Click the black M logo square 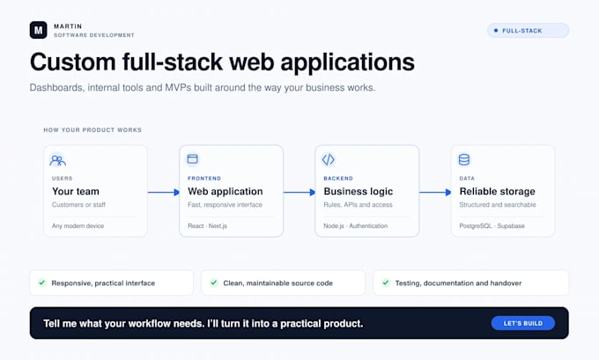(38, 30)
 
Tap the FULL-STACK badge (528, 31)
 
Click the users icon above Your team (57, 160)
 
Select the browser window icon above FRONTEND (193, 158)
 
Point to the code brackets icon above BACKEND (329, 159)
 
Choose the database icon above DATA (463, 159)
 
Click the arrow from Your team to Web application (164, 193)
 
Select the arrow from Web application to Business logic (299, 193)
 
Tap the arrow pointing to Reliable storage (435, 193)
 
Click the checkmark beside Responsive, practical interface (41, 283)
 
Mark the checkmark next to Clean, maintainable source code (213, 283)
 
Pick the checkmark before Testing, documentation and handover (386, 283)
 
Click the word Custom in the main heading (72, 62)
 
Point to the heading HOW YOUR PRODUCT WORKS (92, 129)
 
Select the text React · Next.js (207, 225)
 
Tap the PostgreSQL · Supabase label (492, 225)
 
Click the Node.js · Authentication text (355, 225)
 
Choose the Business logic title (358, 191)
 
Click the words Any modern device (78, 225)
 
